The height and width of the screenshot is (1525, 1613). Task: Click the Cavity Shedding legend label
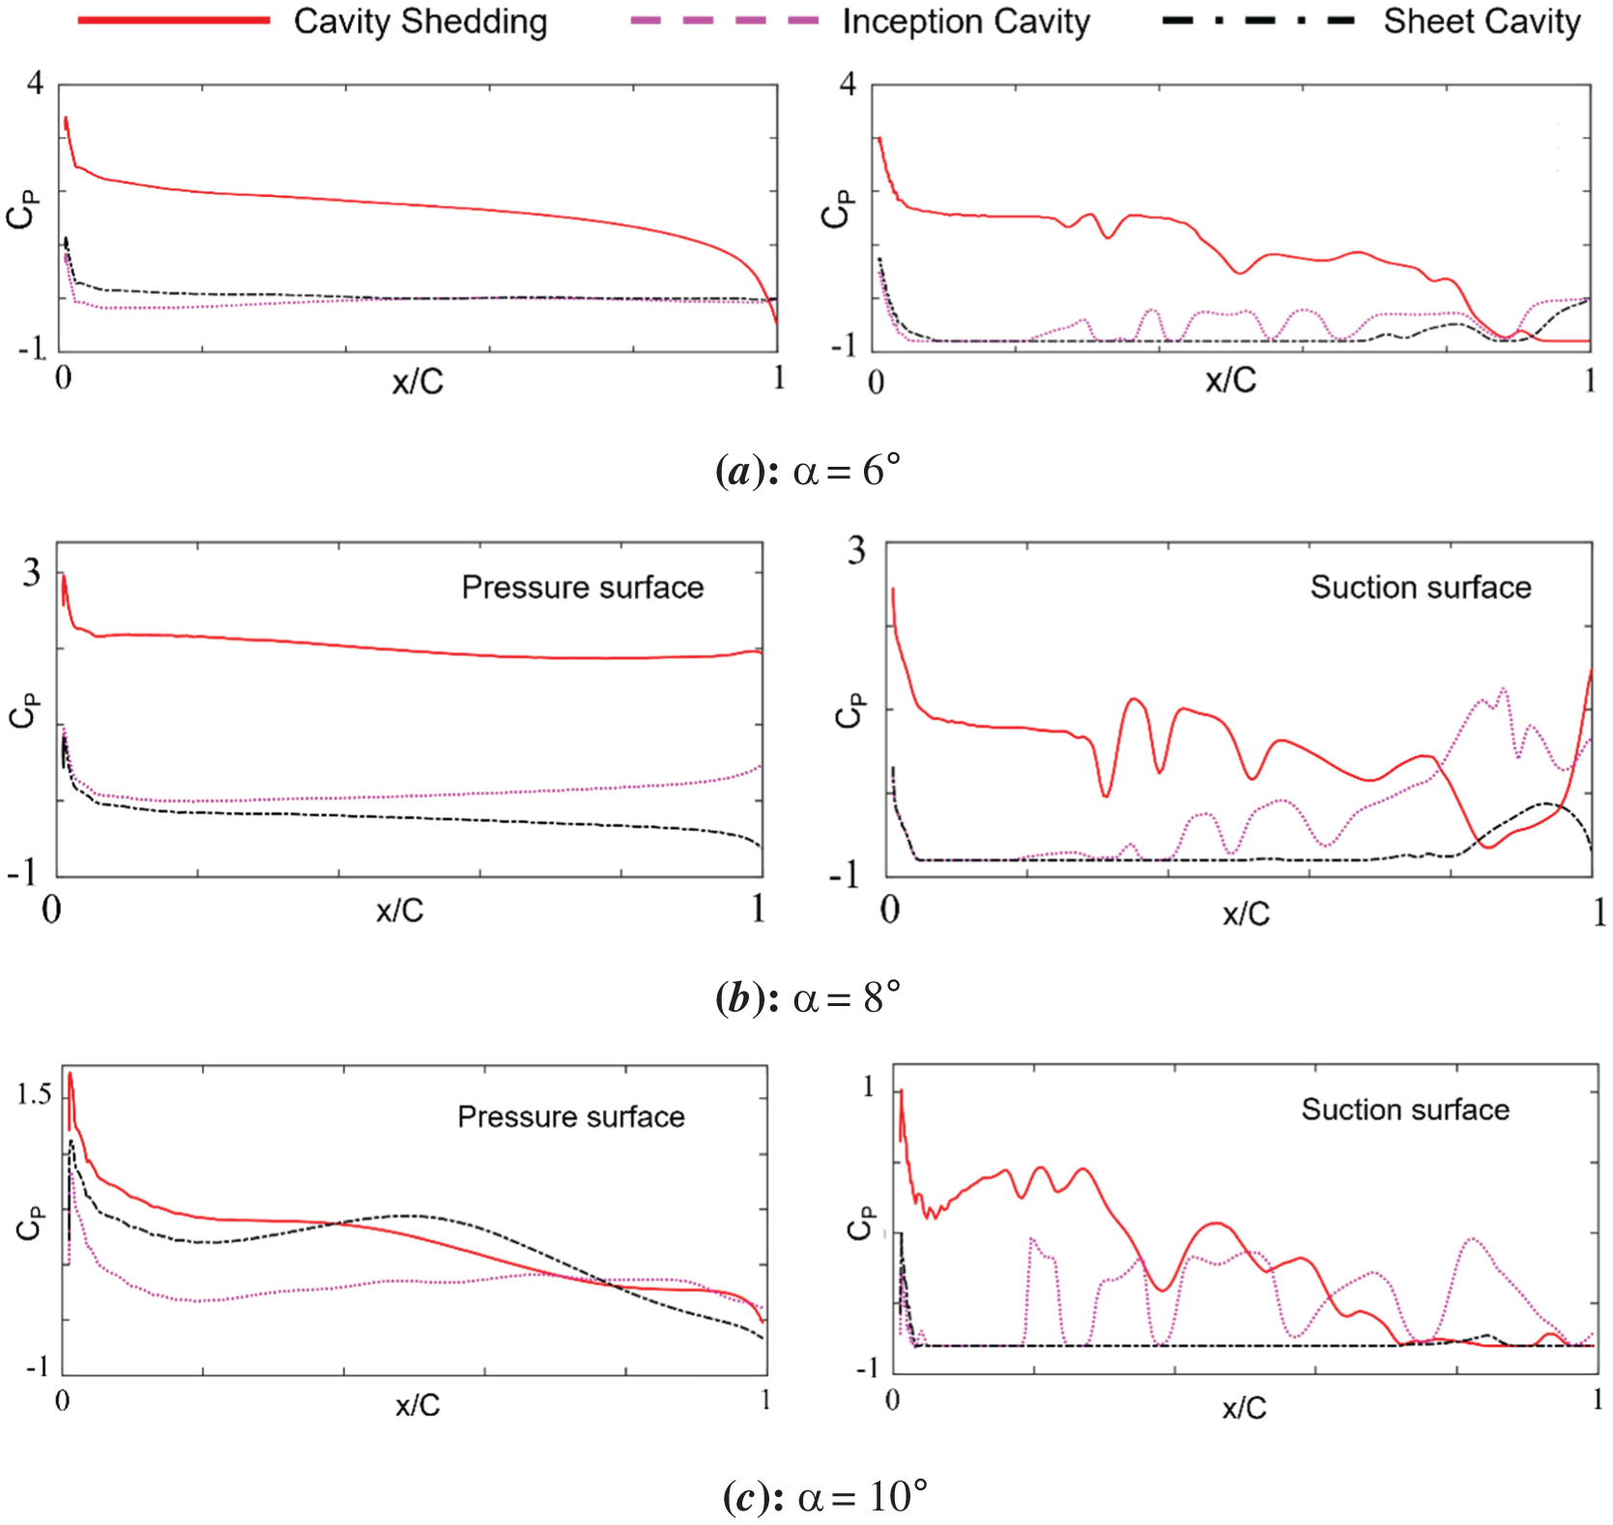(x=420, y=21)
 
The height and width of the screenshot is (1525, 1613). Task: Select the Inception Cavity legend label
(x=965, y=21)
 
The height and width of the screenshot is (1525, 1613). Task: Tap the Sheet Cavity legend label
(x=1482, y=21)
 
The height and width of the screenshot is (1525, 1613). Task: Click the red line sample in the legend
(x=174, y=20)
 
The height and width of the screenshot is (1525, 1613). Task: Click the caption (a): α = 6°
(x=807, y=472)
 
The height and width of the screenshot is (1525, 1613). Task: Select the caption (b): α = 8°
(x=807, y=997)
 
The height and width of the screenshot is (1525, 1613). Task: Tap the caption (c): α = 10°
(x=824, y=1497)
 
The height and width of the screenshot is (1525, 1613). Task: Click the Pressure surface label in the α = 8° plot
(x=582, y=588)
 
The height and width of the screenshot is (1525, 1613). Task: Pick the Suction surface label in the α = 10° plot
(x=1405, y=1109)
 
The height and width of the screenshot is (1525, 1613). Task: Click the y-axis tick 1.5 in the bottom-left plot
(x=34, y=1094)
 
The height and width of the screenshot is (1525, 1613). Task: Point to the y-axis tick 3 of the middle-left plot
(x=32, y=573)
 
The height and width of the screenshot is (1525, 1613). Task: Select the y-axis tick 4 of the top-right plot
(x=848, y=84)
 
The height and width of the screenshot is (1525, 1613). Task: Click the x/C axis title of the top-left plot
(x=418, y=383)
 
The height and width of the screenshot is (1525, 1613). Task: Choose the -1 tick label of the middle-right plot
(x=845, y=875)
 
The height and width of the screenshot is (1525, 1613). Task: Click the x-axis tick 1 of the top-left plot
(x=778, y=378)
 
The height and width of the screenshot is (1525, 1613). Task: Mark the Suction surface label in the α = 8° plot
(x=1420, y=588)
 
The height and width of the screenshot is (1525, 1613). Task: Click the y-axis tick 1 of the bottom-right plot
(x=868, y=1086)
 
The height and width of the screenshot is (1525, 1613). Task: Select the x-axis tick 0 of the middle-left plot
(x=51, y=909)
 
